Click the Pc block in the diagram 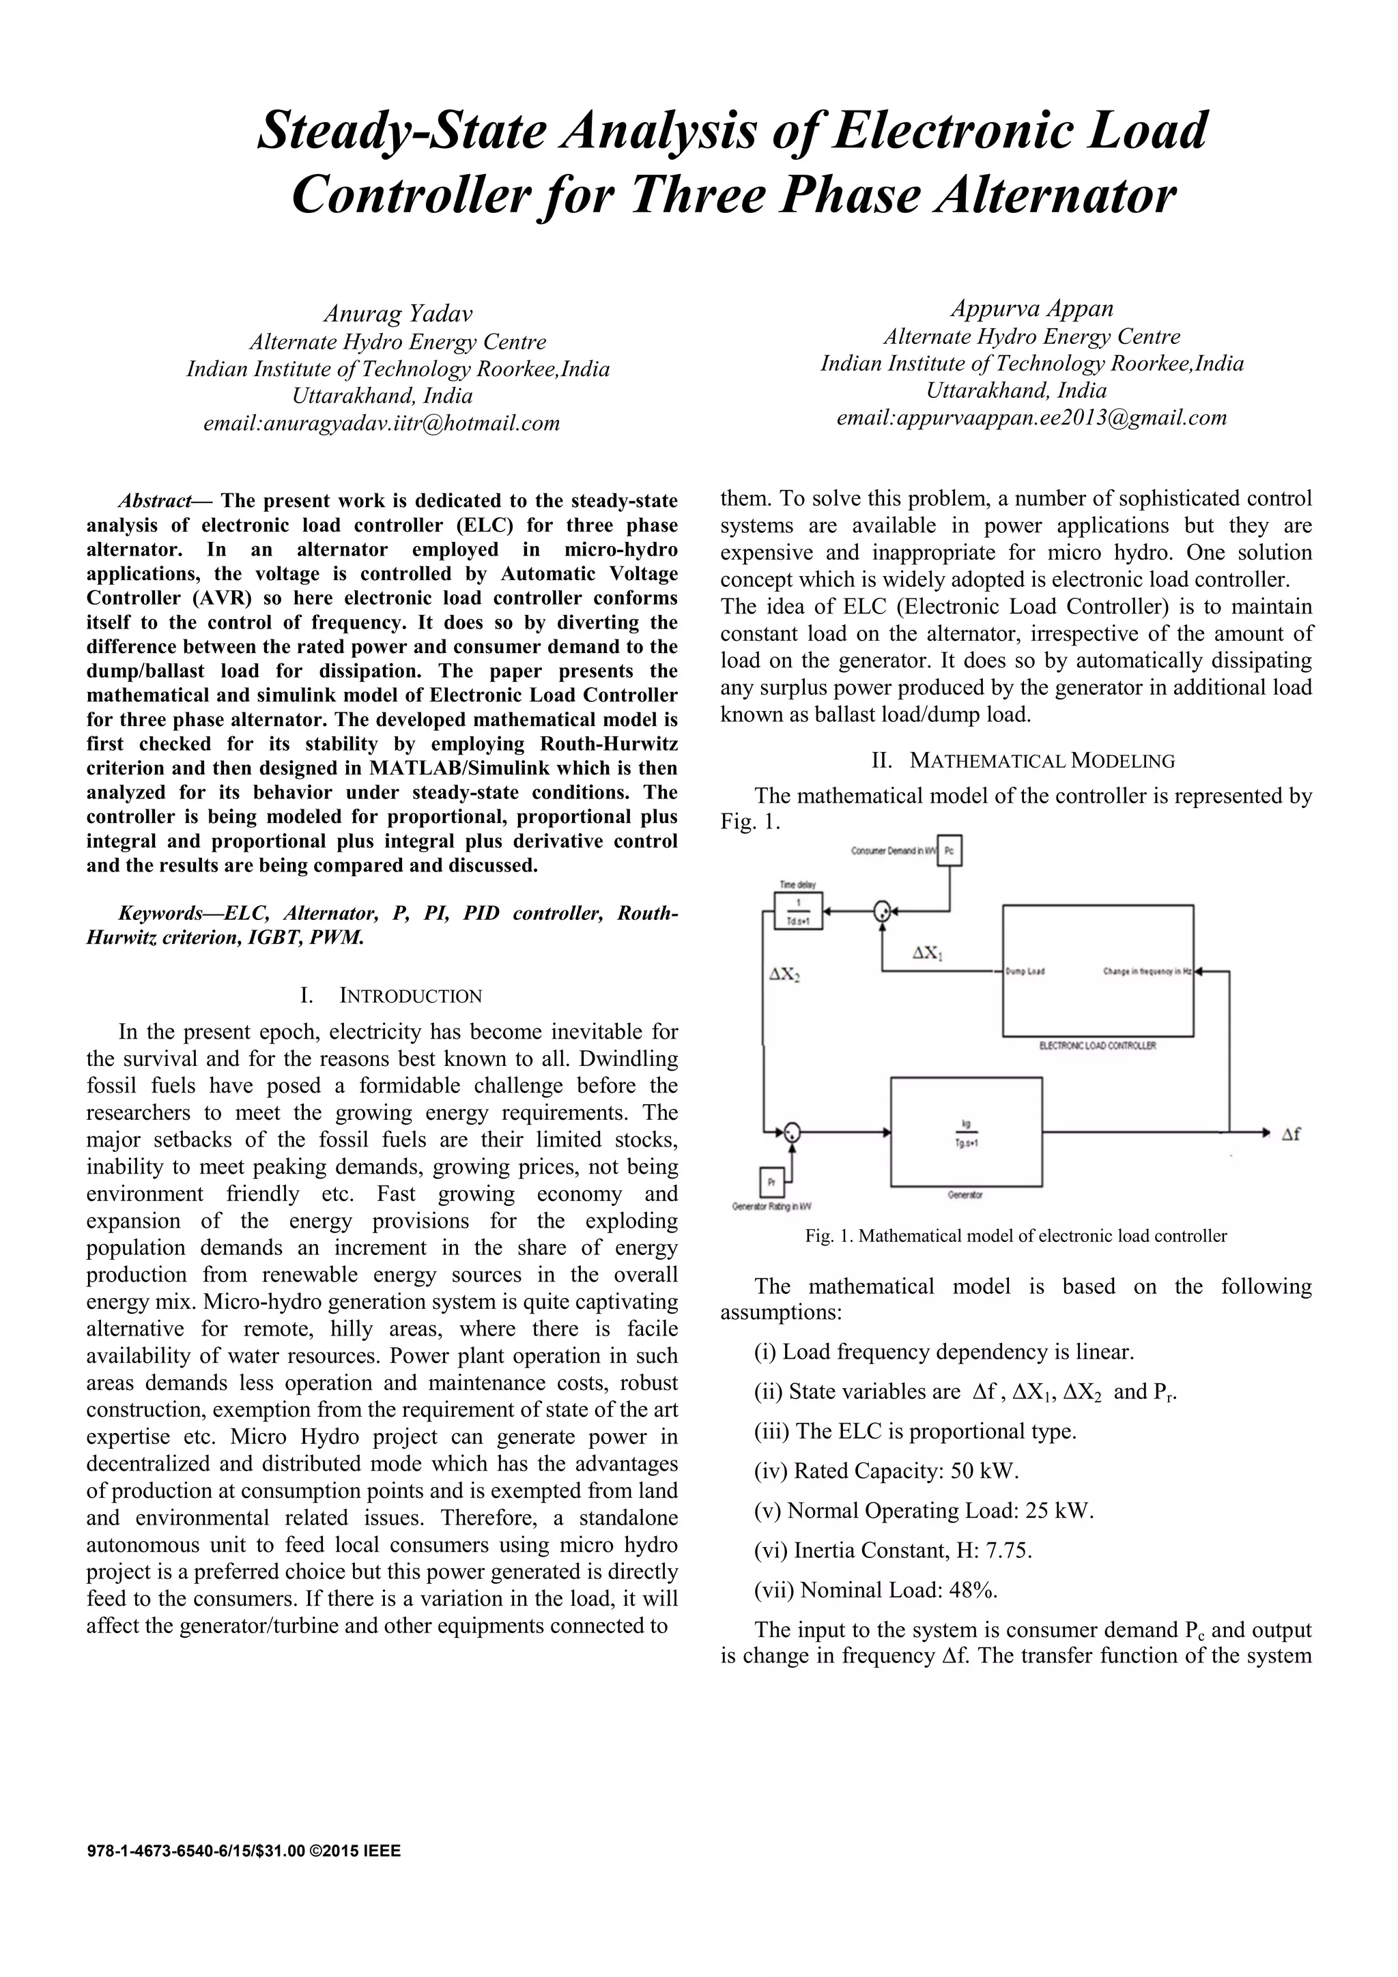click(x=950, y=851)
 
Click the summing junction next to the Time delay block click(x=881, y=912)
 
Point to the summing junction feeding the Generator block click(x=790, y=1132)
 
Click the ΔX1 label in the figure click(x=928, y=953)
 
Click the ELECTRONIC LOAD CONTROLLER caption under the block click(x=1098, y=1045)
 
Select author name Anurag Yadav click(x=397, y=313)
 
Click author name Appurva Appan click(x=1032, y=308)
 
